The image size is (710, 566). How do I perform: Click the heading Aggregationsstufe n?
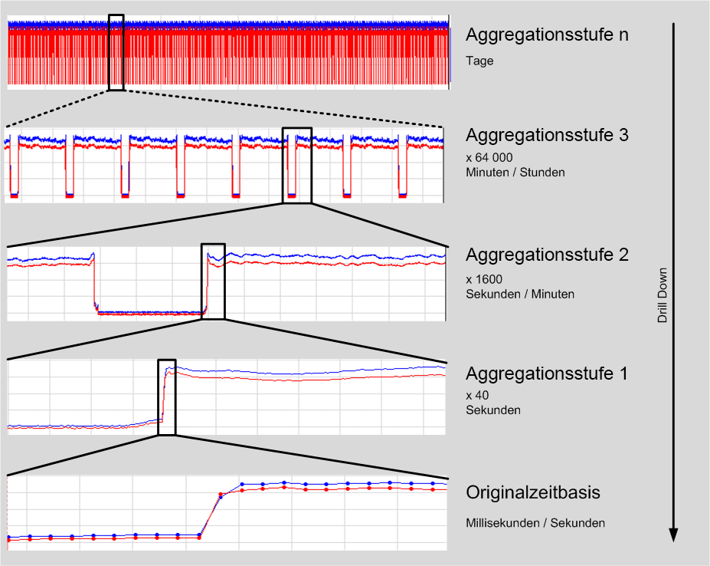547,35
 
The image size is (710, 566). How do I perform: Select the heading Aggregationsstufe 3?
547,135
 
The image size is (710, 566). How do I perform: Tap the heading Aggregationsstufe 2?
547,255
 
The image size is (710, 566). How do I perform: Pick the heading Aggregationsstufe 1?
547,374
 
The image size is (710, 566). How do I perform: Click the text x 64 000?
489,157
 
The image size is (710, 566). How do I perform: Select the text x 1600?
484,278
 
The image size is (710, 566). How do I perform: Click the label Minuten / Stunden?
515,172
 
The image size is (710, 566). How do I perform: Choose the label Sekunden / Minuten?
519,294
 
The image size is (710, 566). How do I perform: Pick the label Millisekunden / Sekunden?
535,523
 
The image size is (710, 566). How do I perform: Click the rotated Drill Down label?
663,295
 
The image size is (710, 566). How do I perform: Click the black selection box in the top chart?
116,52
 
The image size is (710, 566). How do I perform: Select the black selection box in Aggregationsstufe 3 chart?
297,165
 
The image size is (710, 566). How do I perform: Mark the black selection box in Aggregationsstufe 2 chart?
213,281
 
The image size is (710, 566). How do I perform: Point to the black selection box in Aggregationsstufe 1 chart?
167,397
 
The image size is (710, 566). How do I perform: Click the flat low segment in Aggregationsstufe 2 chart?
149,312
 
